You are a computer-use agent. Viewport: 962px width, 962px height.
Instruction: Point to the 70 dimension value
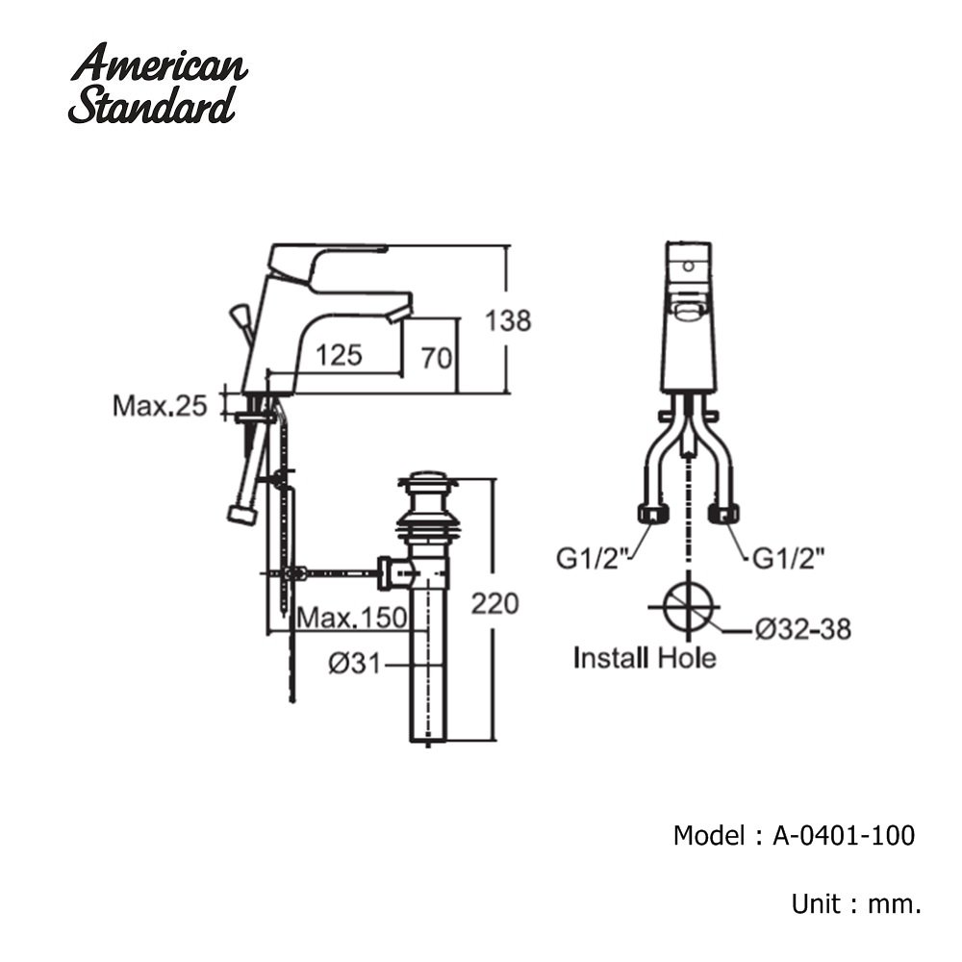[x=436, y=358]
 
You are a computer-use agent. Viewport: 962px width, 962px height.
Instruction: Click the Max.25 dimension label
[x=160, y=406]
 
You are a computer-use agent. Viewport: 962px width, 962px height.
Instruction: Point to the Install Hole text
[x=645, y=659]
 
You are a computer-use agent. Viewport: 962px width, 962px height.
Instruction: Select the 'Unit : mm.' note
[x=856, y=903]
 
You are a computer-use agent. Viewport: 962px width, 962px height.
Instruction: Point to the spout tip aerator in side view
[x=397, y=312]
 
